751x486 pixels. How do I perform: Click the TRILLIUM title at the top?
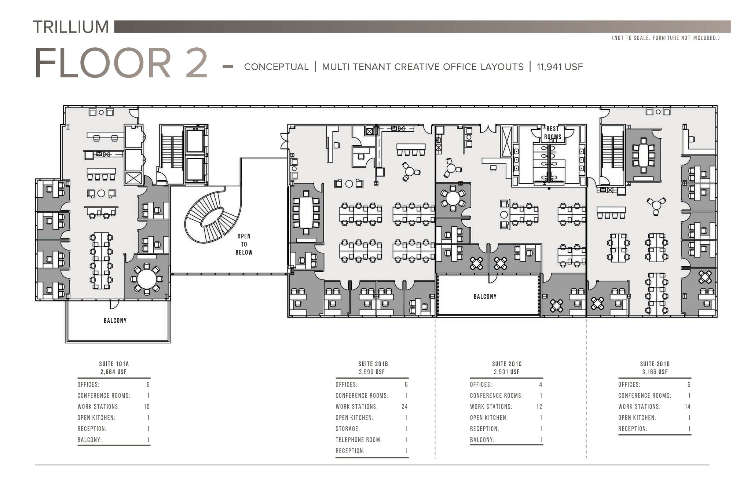click(x=71, y=27)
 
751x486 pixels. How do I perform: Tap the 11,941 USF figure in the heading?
click(x=560, y=67)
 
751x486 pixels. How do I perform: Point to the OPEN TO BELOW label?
click(x=244, y=244)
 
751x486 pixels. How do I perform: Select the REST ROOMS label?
click(x=552, y=133)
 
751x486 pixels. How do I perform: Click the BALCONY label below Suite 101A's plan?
click(x=115, y=321)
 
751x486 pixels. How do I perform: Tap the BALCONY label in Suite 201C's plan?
click(x=485, y=296)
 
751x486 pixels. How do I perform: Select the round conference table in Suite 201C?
click(x=453, y=198)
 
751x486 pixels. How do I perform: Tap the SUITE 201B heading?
click(x=373, y=364)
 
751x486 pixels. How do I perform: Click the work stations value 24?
click(x=404, y=406)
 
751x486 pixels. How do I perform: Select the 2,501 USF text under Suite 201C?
click(x=506, y=372)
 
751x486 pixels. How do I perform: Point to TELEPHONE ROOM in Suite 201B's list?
click(x=358, y=439)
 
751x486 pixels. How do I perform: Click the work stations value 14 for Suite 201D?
click(x=687, y=406)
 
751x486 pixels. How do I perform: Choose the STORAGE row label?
click(x=347, y=428)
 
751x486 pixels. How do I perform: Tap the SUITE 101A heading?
click(x=114, y=364)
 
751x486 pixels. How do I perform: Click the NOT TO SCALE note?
click(x=666, y=38)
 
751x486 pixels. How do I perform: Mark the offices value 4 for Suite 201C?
click(x=541, y=384)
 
